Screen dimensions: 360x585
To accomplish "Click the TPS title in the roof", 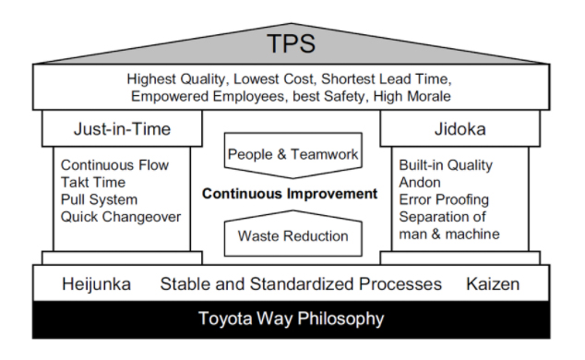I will pos(292,43).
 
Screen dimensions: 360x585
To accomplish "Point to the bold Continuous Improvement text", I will pos(292,194).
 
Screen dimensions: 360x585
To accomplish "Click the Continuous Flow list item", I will pos(113,166).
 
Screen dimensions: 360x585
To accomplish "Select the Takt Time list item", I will pos(93,183).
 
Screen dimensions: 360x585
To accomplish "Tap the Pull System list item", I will pos(99,199).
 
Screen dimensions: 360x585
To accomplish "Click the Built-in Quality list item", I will pos(446,166).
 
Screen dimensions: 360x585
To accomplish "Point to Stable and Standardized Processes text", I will pos(301,283).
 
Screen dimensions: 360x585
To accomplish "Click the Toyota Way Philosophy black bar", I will pos(292,320).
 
